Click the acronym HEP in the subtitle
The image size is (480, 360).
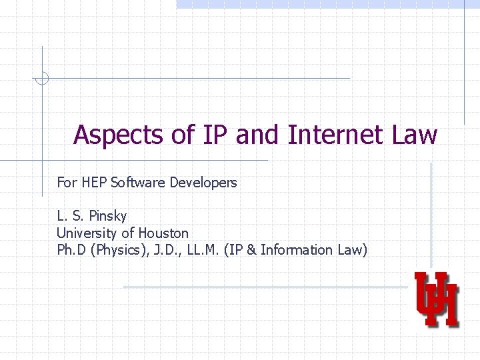click(94, 182)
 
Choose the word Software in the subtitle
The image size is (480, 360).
click(138, 182)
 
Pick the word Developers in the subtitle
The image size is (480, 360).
click(203, 182)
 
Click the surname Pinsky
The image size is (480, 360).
click(106, 217)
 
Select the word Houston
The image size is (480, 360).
click(163, 233)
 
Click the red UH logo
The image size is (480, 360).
click(437, 299)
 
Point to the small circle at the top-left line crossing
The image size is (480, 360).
click(41, 79)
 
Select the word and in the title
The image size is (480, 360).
click(259, 135)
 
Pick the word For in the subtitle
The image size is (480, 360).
click(67, 182)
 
